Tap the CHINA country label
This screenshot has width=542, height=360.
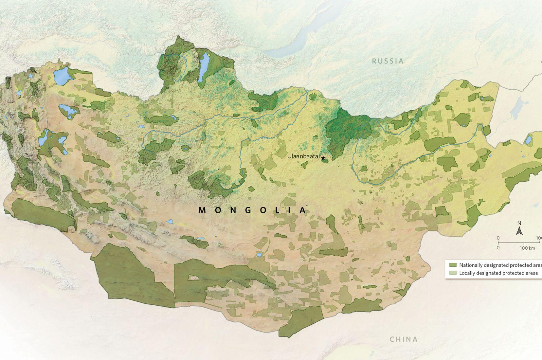(403, 339)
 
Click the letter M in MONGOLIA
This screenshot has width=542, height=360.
(202, 210)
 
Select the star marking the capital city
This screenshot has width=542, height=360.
(323, 159)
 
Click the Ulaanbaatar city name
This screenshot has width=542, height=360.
(303, 156)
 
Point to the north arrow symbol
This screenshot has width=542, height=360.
(519, 231)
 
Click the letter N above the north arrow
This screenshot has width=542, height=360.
(519, 224)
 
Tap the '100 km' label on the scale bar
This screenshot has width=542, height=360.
(527, 248)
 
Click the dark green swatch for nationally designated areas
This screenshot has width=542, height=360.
(453, 265)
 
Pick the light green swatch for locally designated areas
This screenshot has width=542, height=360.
(453, 273)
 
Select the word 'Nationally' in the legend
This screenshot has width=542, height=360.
(470, 265)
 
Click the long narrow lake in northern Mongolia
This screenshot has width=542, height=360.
(203, 68)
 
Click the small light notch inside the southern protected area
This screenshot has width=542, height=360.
(193, 278)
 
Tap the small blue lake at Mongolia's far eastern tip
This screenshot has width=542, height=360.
(528, 140)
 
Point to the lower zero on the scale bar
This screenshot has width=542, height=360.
(498, 248)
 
